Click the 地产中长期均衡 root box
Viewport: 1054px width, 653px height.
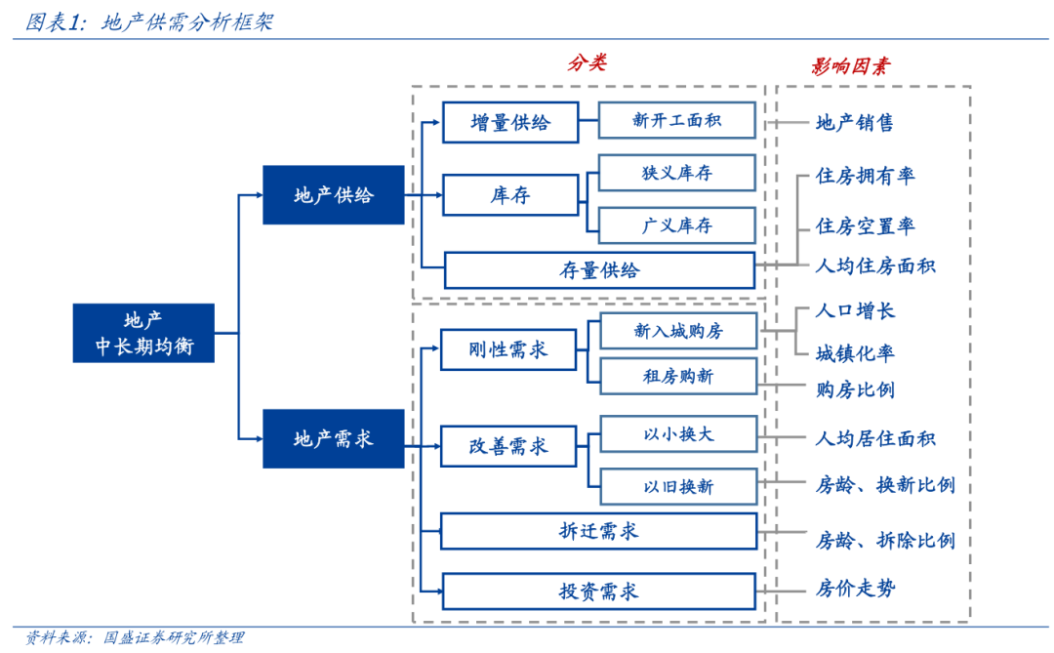(x=143, y=333)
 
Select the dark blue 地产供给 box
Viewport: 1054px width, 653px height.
(x=333, y=195)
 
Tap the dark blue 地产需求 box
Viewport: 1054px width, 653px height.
(x=333, y=438)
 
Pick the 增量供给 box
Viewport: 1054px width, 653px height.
(x=509, y=122)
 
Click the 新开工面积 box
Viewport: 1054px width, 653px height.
(x=676, y=120)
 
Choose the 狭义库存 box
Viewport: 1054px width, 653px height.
(x=676, y=173)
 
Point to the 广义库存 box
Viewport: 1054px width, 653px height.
(x=676, y=225)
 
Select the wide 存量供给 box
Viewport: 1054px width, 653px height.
(x=599, y=270)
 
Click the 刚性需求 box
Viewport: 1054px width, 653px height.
(x=508, y=349)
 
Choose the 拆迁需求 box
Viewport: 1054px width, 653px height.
(x=598, y=531)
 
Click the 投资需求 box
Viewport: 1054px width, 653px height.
(x=598, y=592)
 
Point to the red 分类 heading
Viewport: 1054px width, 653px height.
(x=587, y=63)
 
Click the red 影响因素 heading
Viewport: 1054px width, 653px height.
(x=850, y=66)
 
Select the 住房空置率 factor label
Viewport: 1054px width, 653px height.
(x=865, y=226)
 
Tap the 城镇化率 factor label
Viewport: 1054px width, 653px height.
(x=855, y=353)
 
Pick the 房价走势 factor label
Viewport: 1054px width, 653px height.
(x=855, y=589)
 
